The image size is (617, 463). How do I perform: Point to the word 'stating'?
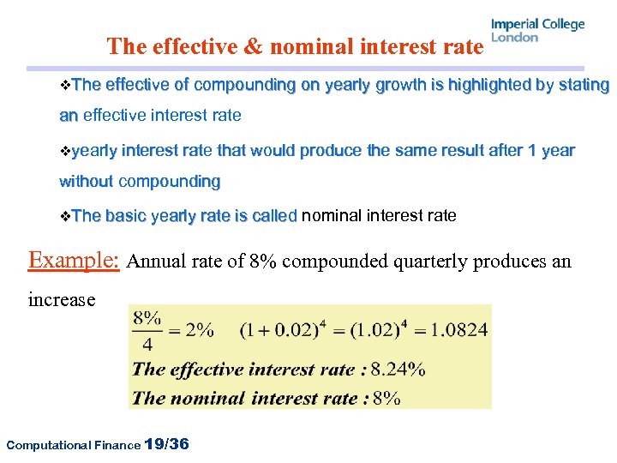tap(579, 85)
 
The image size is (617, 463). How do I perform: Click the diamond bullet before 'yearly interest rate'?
tap(65, 151)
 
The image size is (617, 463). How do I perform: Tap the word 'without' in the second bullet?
tap(86, 182)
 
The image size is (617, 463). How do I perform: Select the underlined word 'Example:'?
tap(74, 260)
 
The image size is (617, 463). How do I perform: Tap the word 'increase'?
tap(62, 300)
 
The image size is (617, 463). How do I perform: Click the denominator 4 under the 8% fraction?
tap(147, 345)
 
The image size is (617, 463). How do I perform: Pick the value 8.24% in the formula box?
tap(399, 370)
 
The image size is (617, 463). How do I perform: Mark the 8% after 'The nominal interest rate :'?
tap(387, 397)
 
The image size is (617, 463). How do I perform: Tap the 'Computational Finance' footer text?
tap(72, 445)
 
